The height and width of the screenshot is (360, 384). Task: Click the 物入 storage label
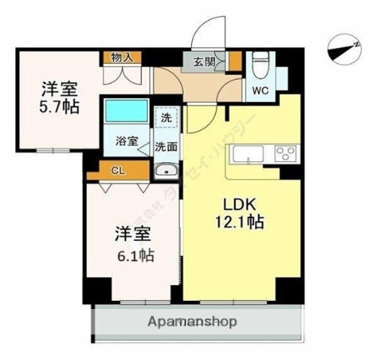(121, 56)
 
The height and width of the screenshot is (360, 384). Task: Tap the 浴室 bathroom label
(125, 141)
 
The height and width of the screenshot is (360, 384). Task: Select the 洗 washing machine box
(164, 118)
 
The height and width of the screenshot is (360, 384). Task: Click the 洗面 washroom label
(166, 147)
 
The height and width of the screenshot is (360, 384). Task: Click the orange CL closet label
(117, 171)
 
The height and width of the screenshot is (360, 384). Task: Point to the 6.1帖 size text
(135, 255)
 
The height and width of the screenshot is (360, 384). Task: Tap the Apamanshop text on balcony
(193, 322)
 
